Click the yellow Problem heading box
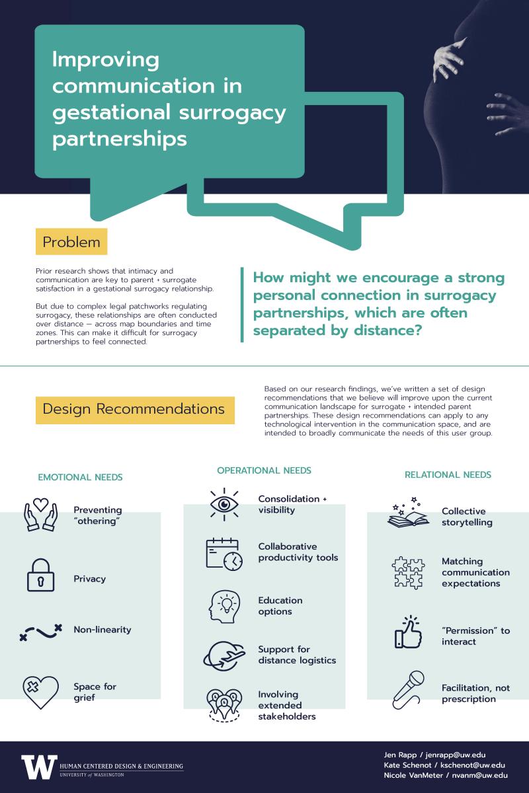71,241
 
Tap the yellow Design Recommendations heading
135,410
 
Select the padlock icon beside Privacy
41,575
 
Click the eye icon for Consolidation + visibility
224,504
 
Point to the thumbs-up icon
408,632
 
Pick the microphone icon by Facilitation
408,690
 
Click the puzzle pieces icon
408,573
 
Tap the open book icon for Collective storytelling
408,513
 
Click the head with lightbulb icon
224,607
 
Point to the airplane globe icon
224,656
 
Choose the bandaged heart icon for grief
40,692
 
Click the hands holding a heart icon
40,515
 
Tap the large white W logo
39,767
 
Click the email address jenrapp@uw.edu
456,755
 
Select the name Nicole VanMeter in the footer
413,775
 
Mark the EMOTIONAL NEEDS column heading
80,477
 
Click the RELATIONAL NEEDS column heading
448,474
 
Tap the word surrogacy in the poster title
233,113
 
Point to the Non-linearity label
102,629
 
